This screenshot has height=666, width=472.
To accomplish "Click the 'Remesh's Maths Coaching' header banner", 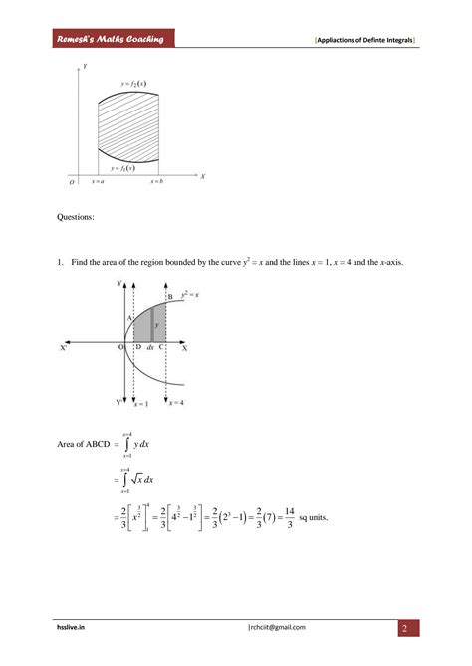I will (111, 39).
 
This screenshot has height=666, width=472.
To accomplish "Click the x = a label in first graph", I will (98, 182).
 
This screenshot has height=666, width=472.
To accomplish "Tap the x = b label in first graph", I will (157, 182).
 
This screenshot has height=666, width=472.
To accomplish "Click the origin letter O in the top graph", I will (72, 183).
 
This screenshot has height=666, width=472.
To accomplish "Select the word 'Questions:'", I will (75, 216).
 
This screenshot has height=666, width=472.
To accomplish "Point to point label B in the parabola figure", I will (170, 297).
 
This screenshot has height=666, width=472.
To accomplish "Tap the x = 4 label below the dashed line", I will (175, 403).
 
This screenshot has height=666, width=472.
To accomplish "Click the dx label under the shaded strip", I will (150, 348).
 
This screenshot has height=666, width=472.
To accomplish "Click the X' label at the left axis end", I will (64, 349).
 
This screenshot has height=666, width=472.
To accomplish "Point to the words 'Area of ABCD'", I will (84, 443).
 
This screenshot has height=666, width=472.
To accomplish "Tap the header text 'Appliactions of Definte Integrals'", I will (364, 40).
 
